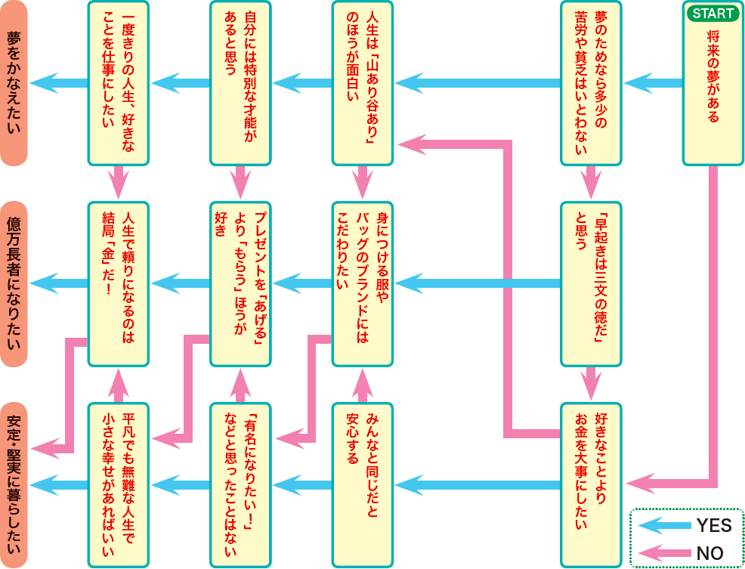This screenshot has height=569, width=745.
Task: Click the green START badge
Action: pyautogui.click(x=713, y=14)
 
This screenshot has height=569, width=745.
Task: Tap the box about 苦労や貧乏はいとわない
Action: pyautogui.click(x=591, y=83)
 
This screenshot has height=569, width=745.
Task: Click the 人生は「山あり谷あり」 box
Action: pyautogui.click(x=363, y=83)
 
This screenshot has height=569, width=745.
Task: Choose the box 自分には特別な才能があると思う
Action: pyautogui.click(x=240, y=83)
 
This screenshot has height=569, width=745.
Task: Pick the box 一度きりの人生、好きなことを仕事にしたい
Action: pyautogui.click(x=118, y=83)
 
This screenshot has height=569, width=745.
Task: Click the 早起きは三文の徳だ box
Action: pyautogui.click(x=591, y=284)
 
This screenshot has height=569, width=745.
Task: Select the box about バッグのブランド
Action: pyautogui.click(x=363, y=284)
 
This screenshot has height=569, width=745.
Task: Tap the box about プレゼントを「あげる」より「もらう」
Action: pyautogui.click(x=240, y=284)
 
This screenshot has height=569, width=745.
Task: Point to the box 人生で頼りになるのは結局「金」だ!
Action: pyautogui.click(x=118, y=284)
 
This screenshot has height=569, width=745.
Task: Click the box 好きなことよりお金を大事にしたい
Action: pyautogui.click(x=591, y=484)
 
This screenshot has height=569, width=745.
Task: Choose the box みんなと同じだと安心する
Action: pyautogui.click(x=363, y=484)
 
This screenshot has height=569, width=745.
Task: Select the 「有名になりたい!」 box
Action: pyautogui.click(x=240, y=484)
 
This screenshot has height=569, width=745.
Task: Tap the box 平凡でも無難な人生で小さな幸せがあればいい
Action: pyautogui.click(x=118, y=484)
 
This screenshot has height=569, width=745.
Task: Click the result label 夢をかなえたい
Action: pyautogui.click(x=14, y=83)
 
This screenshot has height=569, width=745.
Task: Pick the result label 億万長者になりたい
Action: pyautogui.click(x=14, y=284)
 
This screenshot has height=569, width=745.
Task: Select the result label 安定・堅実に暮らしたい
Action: pyautogui.click(x=14, y=484)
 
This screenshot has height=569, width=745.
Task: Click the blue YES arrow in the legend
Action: pyautogui.click(x=663, y=525)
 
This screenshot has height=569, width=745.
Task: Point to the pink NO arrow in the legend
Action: pyautogui.click(x=663, y=552)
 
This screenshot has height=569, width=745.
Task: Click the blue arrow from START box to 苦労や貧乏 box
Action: pyautogui.click(x=653, y=83)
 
